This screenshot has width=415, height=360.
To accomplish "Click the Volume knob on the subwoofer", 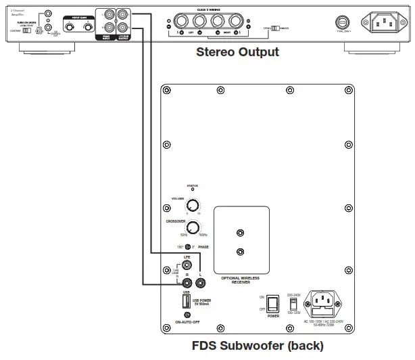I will (x=193, y=206).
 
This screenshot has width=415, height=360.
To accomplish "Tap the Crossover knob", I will (x=193, y=227).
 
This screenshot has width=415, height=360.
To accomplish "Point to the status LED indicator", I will (x=193, y=191).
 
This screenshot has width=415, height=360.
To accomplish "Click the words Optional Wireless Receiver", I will (x=241, y=279).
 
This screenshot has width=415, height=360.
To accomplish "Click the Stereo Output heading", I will (x=237, y=52).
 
